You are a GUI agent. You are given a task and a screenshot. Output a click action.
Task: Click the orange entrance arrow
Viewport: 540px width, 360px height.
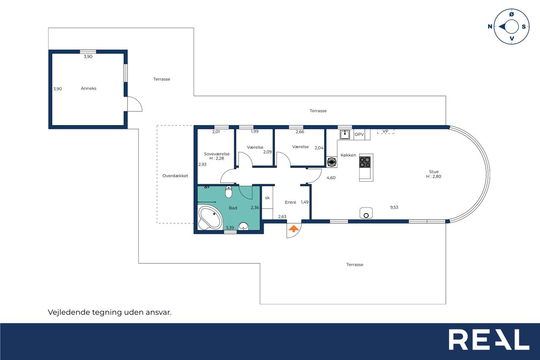[x=293, y=229]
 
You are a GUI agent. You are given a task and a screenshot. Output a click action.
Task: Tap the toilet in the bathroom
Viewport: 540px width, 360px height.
[x=229, y=192]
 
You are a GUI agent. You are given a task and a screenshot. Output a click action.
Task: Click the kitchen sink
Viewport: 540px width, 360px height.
[x=345, y=135]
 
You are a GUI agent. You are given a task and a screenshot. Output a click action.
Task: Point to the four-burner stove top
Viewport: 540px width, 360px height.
[x=365, y=162]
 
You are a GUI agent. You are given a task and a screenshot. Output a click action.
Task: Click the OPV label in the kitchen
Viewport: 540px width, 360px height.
[x=359, y=134]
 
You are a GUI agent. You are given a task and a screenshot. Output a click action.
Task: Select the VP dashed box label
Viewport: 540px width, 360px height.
[x=386, y=131]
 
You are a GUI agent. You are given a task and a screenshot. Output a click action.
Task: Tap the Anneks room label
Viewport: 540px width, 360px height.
[x=89, y=88]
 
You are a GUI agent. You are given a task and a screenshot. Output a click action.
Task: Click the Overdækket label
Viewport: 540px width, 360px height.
[x=175, y=176]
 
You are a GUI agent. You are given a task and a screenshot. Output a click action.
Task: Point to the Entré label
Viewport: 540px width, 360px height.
[x=291, y=202]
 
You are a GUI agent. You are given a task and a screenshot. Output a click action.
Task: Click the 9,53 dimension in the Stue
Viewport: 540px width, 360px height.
[x=394, y=207]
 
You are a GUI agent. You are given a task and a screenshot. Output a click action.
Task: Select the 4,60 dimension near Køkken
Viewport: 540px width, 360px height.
[x=331, y=178]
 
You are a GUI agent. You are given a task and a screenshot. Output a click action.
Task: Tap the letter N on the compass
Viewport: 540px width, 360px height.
[x=490, y=27]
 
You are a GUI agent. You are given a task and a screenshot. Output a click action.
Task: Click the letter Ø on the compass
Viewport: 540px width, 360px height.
[x=511, y=14]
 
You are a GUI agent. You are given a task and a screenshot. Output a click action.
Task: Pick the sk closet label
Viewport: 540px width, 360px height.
[x=267, y=198]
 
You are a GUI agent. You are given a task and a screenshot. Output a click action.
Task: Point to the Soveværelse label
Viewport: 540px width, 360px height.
[x=217, y=154]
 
